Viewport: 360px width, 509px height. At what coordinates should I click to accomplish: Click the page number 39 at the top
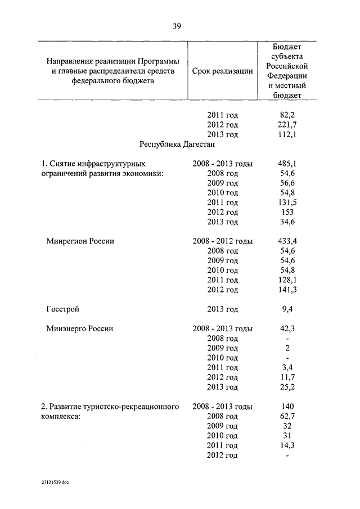pyautogui.click(x=177, y=25)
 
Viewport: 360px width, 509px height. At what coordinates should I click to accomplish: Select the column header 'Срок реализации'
pyautogui.click(x=222, y=71)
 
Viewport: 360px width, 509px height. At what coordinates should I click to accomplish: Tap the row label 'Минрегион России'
pyautogui.click(x=80, y=241)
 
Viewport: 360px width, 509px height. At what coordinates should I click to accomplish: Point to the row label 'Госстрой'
pyautogui.click(x=62, y=309)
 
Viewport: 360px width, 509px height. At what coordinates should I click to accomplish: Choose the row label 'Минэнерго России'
pyautogui.click(x=79, y=328)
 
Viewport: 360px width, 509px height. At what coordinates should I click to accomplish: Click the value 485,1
pyautogui.click(x=287, y=164)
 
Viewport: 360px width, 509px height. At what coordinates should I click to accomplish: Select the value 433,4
pyautogui.click(x=287, y=241)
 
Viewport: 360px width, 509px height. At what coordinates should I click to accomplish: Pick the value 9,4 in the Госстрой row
pyautogui.click(x=287, y=309)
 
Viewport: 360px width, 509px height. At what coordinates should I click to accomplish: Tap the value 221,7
pyautogui.click(x=287, y=124)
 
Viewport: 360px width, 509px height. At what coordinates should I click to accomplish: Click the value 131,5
pyautogui.click(x=287, y=202)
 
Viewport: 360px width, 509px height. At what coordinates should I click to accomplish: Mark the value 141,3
pyautogui.click(x=287, y=289)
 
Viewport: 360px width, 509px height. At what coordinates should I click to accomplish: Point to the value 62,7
pyautogui.click(x=287, y=416)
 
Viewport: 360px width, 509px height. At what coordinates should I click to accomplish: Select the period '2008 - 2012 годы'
pyautogui.click(x=222, y=241)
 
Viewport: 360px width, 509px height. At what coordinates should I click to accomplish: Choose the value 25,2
pyautogui.click(x=287, y=387)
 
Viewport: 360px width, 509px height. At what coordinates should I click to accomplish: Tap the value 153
pyautogui.click(x=287, y=212)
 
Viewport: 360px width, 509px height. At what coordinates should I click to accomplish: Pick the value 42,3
pyautogui.click(x=287, y=328)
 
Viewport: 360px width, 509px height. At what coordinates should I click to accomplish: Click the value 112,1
pyautogui.click(x=287, y=134)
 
